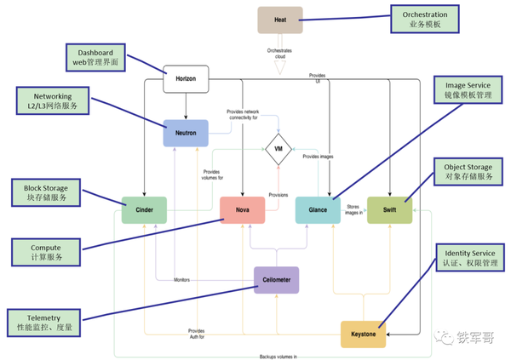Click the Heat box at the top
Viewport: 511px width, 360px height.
click(280, 20)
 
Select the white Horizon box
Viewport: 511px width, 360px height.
click(186, 79)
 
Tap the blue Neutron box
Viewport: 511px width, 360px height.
click(186, 134)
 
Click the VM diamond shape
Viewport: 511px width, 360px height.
click(277, 150)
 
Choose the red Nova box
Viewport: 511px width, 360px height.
click(242, 210)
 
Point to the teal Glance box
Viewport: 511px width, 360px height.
click(317, 210)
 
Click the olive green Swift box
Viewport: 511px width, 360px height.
click(389, 210)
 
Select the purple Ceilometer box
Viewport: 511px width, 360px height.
click(276, 279)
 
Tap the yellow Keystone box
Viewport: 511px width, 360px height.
click(364, 334)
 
